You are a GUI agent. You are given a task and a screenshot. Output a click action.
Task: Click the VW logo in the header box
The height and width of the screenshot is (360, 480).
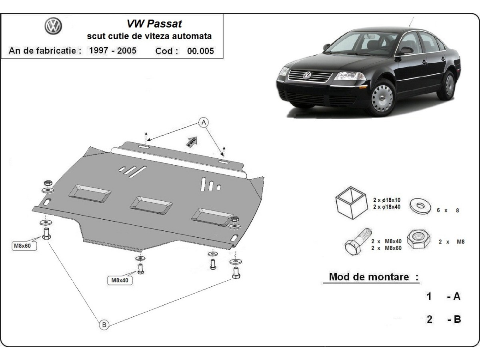(x=53, y=27)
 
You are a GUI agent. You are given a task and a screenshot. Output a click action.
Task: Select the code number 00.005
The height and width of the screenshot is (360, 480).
(x=200, y=51)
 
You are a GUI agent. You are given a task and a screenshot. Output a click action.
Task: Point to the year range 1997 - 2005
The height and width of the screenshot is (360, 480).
(x=112, y=50)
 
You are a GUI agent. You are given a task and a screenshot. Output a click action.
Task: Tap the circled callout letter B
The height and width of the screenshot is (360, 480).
(x=104, y=324)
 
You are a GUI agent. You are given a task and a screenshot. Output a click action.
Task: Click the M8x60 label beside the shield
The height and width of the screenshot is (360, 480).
(x=22, y=246)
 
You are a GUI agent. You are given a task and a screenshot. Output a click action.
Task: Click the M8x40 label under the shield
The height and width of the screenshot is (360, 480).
(x=120, y=280)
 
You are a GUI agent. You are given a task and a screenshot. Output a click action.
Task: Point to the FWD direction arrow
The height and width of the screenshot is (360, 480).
(x=191, y=142)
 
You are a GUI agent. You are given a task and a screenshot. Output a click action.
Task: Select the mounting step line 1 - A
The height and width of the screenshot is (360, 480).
(x=443, y=296)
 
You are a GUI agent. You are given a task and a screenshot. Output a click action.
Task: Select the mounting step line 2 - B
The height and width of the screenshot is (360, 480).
(x=443, y=319)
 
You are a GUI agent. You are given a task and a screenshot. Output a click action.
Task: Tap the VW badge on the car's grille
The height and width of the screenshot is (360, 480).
(x=307, y=76)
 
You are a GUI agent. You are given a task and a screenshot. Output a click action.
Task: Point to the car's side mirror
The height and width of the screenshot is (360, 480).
(x=406, y=51)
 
